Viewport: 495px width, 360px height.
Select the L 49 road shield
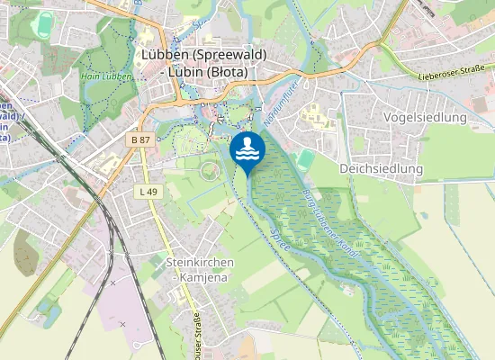148,192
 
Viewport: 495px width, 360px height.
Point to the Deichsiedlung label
381,168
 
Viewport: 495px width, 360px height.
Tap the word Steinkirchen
200,262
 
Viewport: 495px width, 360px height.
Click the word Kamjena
200,277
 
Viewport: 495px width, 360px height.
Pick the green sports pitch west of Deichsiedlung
306,159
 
